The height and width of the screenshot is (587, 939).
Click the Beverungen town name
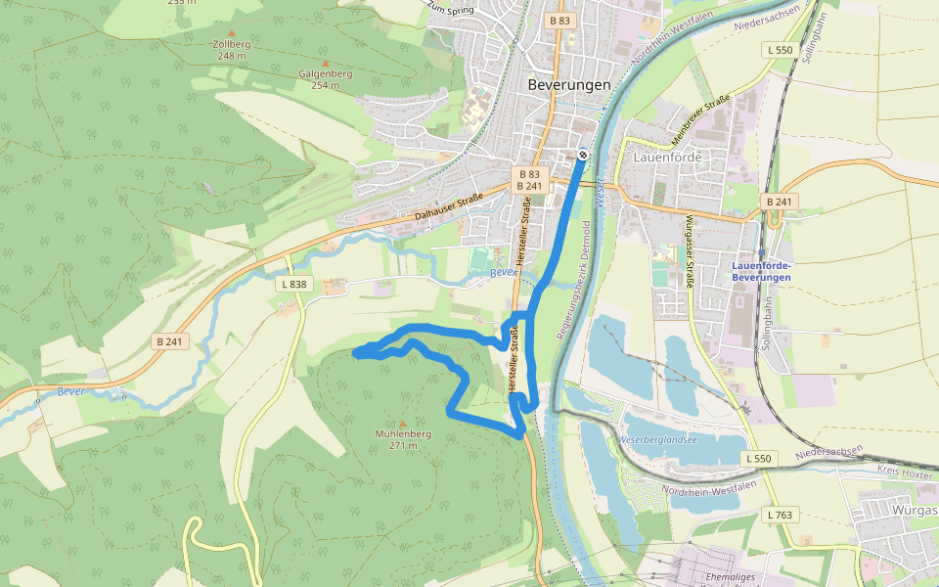coord(568,84)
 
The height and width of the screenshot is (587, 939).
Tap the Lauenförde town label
coord(668,156)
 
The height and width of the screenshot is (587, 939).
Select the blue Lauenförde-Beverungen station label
coord(761,271)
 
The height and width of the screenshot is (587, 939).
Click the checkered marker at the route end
coord(583,154)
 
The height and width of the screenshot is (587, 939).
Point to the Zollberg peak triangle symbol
coord(231,33)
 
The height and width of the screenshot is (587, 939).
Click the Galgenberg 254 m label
coord(325,79)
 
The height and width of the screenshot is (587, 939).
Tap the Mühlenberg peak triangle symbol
coord(402,423)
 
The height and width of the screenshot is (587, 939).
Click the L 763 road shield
coord(780,515)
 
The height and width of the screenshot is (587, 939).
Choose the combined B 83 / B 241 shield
coord(527,180)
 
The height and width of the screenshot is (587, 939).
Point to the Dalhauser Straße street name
coord(449,207)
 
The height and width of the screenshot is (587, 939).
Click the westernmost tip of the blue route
coord(355,353)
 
